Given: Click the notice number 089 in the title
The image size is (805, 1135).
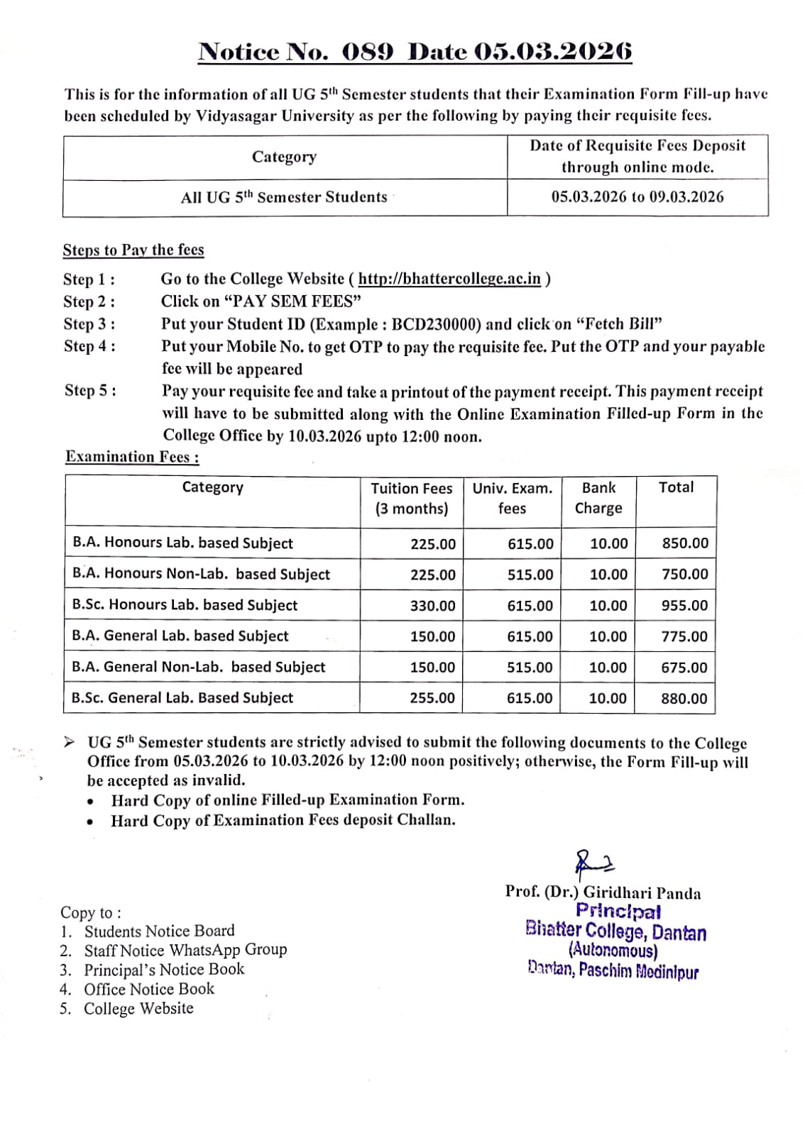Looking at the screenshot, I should coord(367,52).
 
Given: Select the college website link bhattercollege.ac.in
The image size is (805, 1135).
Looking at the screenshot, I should coord(449,279).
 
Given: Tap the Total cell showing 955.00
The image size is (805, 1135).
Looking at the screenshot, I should coord(684,606).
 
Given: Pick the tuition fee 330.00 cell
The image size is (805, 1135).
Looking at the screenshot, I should coord(432,606).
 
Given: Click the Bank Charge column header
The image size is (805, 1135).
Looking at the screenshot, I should coord(598,498).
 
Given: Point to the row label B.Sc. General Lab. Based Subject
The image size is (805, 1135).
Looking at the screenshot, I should coord(182,698).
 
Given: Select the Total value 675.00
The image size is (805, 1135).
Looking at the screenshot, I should coord(684,668).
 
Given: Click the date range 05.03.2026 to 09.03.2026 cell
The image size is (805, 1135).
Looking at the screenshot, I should coord(637,197).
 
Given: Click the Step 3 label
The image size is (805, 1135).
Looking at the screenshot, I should coord(89,324).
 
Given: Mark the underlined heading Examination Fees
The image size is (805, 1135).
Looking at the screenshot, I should coord(132,457).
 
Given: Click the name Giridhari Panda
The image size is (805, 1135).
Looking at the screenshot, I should coord(642,893).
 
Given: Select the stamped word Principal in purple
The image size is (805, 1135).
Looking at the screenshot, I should coord(618,912).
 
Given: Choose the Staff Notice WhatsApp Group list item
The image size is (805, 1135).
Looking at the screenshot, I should coord(185,950).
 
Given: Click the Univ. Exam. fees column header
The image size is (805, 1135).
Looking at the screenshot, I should coord(512,498).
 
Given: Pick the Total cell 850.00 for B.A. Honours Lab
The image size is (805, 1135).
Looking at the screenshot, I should coord(685,543).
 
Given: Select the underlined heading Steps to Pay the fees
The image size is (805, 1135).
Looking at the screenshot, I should coord(133,250).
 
